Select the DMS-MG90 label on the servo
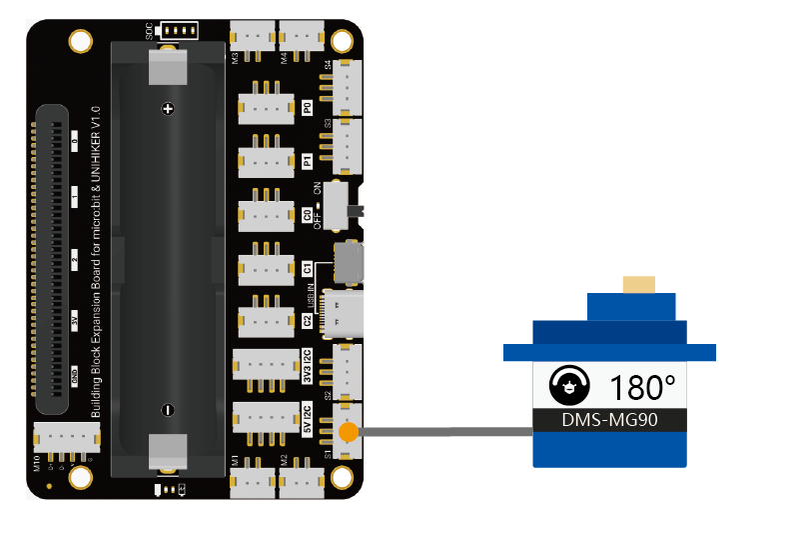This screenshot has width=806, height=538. (609, 419)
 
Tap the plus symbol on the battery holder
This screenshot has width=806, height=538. (168, 107)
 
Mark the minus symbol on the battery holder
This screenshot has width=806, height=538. (168, 409)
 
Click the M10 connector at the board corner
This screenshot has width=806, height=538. (67, 436)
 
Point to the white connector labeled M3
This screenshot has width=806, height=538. (253, 38)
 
